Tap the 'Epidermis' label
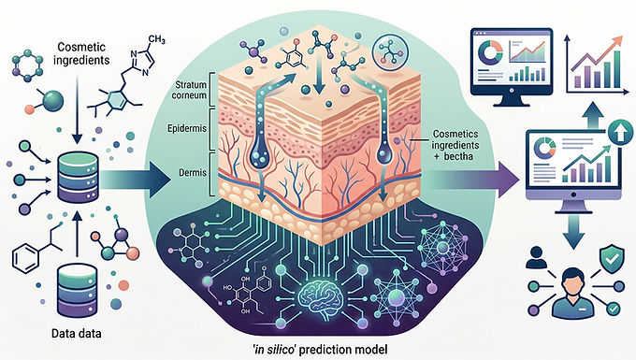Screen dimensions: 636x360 (187, 128)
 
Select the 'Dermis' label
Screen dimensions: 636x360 (193, 173)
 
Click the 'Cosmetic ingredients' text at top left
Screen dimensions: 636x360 (81, 53)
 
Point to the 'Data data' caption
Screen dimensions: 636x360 (77, 334)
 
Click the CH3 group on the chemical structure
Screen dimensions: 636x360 (156, 39)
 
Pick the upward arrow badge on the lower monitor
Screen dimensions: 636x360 (620, 132)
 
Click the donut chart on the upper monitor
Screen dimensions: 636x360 (491, 51)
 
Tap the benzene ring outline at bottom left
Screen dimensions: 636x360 (25, 257)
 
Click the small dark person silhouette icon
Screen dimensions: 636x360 (536, 258)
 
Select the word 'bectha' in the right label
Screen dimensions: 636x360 (458, 156)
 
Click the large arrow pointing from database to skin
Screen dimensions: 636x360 (135, 180)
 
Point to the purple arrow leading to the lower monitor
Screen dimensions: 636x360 (473, 180)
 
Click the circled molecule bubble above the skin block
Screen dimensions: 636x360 (390, 50)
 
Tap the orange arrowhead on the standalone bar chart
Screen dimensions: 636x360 (616, 41)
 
